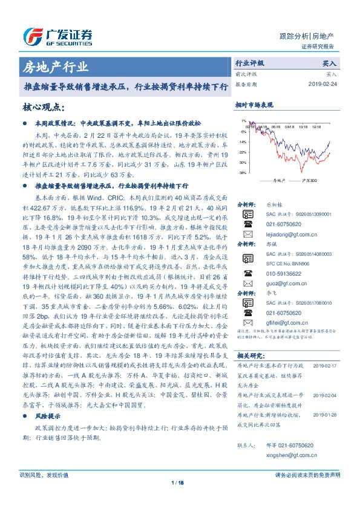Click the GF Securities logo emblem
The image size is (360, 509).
point(32,36)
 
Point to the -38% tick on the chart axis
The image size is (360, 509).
point(243,173)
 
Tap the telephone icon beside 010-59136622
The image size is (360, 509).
point(247,273)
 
